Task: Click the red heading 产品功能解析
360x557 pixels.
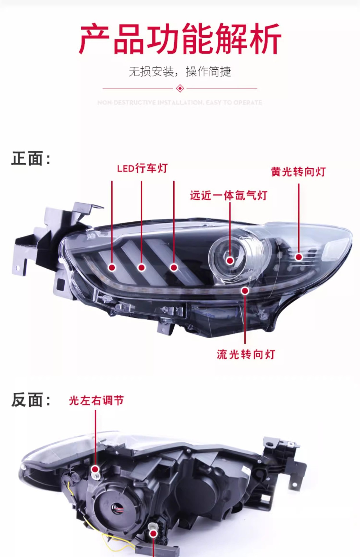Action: (x=180, y=39)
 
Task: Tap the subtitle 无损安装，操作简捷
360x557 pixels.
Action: (x=180, y=72)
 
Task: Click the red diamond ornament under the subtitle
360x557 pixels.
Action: (x=180, y=88)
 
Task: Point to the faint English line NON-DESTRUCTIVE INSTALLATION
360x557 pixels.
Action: (x=180, y=102)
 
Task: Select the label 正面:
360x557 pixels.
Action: (x=31, y=159)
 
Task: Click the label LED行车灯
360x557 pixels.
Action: (x=142, y=168)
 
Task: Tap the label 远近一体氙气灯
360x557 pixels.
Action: (x=228, y=196)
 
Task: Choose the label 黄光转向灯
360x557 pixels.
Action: (x=298, y=172)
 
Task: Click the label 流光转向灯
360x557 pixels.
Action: (x=246, y=354)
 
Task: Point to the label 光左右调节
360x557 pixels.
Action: (x=96, y=401)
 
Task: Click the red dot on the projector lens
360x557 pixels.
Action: (x=230, y=261)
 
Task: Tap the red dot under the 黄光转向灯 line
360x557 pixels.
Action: (x=299, y=257)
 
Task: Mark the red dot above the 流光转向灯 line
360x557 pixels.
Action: (x=245, y=290)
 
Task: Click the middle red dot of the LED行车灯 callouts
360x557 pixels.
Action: (x=142, y=267)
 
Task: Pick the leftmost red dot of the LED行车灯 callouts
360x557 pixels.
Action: (x=112, y=267)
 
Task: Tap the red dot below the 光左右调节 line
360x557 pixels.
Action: (x=95, y=469)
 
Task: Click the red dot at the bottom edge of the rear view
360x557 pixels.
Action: (x=153, y=533)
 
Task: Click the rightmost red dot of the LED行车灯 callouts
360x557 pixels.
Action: (x=174, y=267)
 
